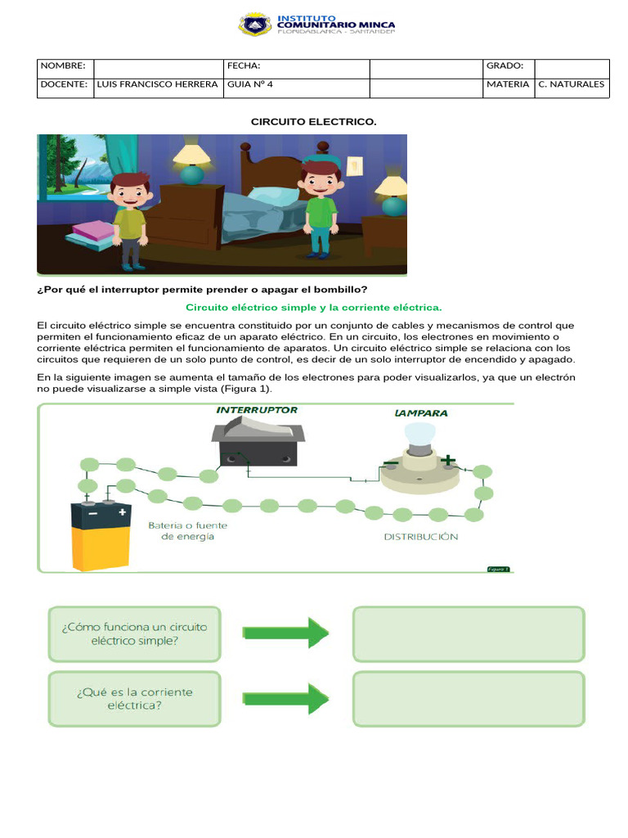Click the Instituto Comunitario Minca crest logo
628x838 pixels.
point(254,25)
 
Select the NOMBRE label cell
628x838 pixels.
point(65,65)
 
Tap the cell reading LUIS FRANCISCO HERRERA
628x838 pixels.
point(157,84)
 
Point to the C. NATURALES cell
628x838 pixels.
point(572,84)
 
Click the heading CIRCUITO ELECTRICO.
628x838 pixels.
point(313,122)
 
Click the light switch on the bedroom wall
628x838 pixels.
point(354,165)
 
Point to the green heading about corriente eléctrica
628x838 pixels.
point(314,308)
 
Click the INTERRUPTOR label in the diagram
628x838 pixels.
point(257,410)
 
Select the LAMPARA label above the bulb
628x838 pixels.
point(421,413)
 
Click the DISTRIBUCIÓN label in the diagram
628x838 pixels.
point(421,537)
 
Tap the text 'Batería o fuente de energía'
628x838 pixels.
point(188,530)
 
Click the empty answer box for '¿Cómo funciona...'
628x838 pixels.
point(469,633)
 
